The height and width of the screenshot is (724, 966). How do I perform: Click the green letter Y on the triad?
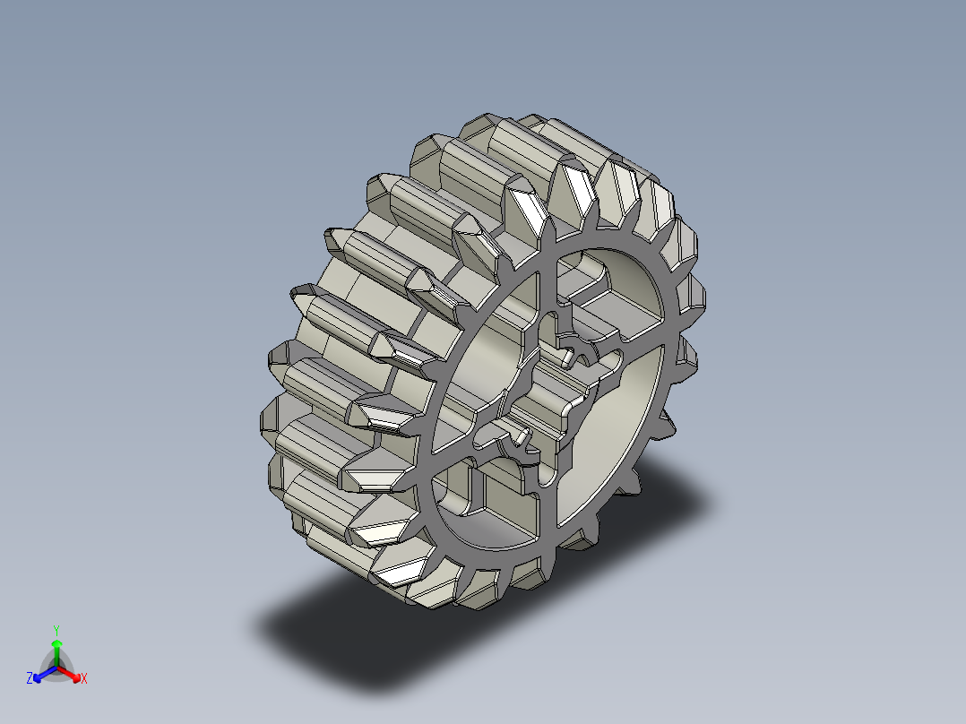click(x=56, y=629)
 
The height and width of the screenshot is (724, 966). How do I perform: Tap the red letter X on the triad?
click(x=83, y=679)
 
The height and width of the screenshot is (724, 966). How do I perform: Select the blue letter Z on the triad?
click(x=30, y=679)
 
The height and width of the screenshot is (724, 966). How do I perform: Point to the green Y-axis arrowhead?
click(x=56, y=644)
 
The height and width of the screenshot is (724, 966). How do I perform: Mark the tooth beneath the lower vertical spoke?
click(x=538, y=573)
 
